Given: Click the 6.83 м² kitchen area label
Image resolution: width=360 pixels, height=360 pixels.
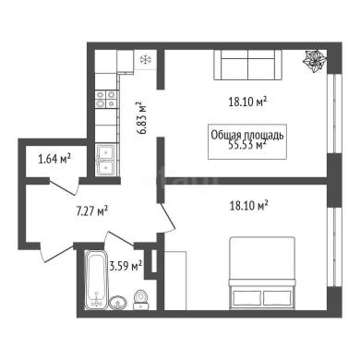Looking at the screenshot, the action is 142,118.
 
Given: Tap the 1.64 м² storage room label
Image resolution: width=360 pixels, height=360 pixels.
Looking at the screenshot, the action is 54,159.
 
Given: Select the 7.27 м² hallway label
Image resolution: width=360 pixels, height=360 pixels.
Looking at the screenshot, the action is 91,211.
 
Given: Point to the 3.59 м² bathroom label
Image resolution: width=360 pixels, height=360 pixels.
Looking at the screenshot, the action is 126,266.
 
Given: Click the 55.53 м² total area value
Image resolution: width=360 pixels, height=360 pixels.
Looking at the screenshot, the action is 247,144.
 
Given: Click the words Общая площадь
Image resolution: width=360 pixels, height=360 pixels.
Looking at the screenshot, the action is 247,136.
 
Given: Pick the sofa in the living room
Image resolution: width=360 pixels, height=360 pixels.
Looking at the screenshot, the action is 247,66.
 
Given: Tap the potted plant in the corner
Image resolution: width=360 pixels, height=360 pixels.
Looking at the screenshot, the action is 315,61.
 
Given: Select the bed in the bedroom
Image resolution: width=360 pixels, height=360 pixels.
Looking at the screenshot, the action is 262,273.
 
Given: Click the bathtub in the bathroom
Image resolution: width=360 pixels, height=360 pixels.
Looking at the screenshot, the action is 96,280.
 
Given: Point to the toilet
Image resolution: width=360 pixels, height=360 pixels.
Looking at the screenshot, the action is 141,299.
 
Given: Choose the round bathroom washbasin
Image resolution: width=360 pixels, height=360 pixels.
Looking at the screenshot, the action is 118,302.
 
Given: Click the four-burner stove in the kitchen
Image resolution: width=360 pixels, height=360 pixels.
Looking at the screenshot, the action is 106,99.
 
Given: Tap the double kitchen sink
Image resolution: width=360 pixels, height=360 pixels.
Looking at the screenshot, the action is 106,161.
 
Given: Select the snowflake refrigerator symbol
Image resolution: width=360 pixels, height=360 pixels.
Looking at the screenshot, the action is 145,60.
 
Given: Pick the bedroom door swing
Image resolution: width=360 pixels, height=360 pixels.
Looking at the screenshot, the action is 166,219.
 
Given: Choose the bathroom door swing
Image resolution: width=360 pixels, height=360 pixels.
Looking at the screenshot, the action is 119,239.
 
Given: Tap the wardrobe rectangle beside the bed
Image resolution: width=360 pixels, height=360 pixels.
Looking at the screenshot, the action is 175,281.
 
